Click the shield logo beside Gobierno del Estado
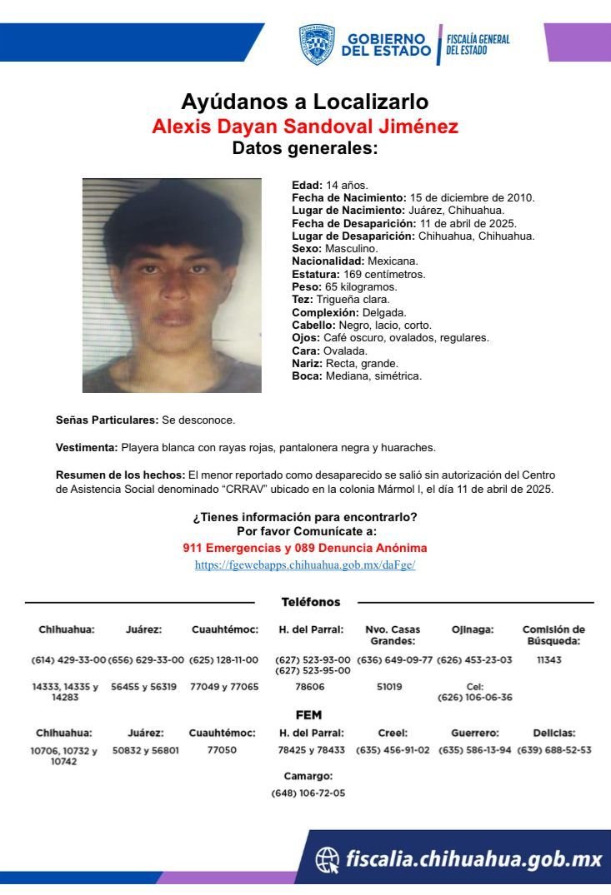(x=317, y=44)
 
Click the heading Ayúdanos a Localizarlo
(x=305, y=102)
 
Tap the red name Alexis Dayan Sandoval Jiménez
(x=305, y=127)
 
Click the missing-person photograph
(x=172, y=286)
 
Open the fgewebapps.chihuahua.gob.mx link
(x=305, y=564)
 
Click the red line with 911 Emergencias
(x=305, y=548)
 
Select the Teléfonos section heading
(x=311, y=602)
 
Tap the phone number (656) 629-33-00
(x=146, y=659)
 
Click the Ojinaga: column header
(x=473, y=629)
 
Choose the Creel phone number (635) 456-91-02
(x=392, y=749)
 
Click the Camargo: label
(x=308, y=776)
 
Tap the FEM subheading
(x=308, y=714)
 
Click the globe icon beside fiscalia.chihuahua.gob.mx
(x=328, y=859)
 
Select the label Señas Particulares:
(x=107, y=420)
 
